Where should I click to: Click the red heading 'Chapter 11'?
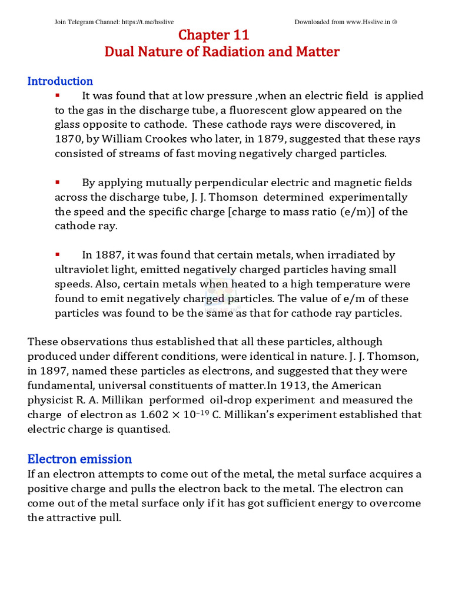pyautogui.click(x=222, y=35)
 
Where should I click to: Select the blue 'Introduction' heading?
pyautogui.click(x=60, y=81)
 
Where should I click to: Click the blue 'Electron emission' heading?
pyautogui.click(x=79, y=459)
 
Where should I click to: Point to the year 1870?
pyautogui.click(x=68, y=139)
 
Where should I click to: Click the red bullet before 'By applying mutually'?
pyautogui.click(x=58, y=183)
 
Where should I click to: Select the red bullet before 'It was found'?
pyautogui.click(x=58, y=95)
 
